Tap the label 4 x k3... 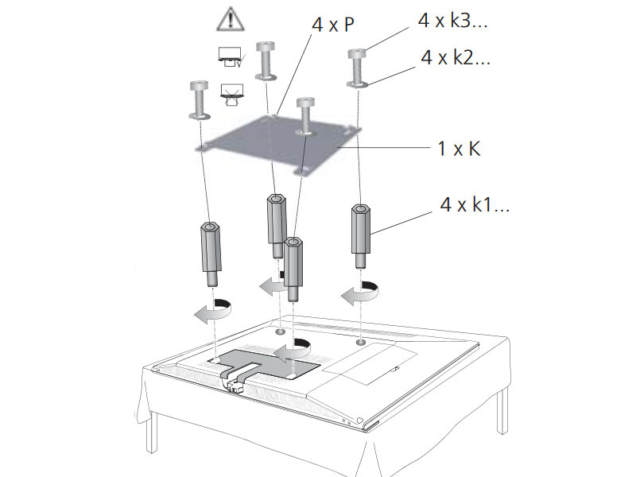(x=452, y=21)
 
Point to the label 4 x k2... (x=452, y=57)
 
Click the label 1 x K (x=459, y=148)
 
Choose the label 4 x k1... (x=474, y=206)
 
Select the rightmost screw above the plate (x=357, y=68)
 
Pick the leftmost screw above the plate (x=199, y=100)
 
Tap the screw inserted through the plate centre (x=303, y=116)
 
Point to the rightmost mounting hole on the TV (x=362, y=342)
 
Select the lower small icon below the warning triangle (x=230, y=94)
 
